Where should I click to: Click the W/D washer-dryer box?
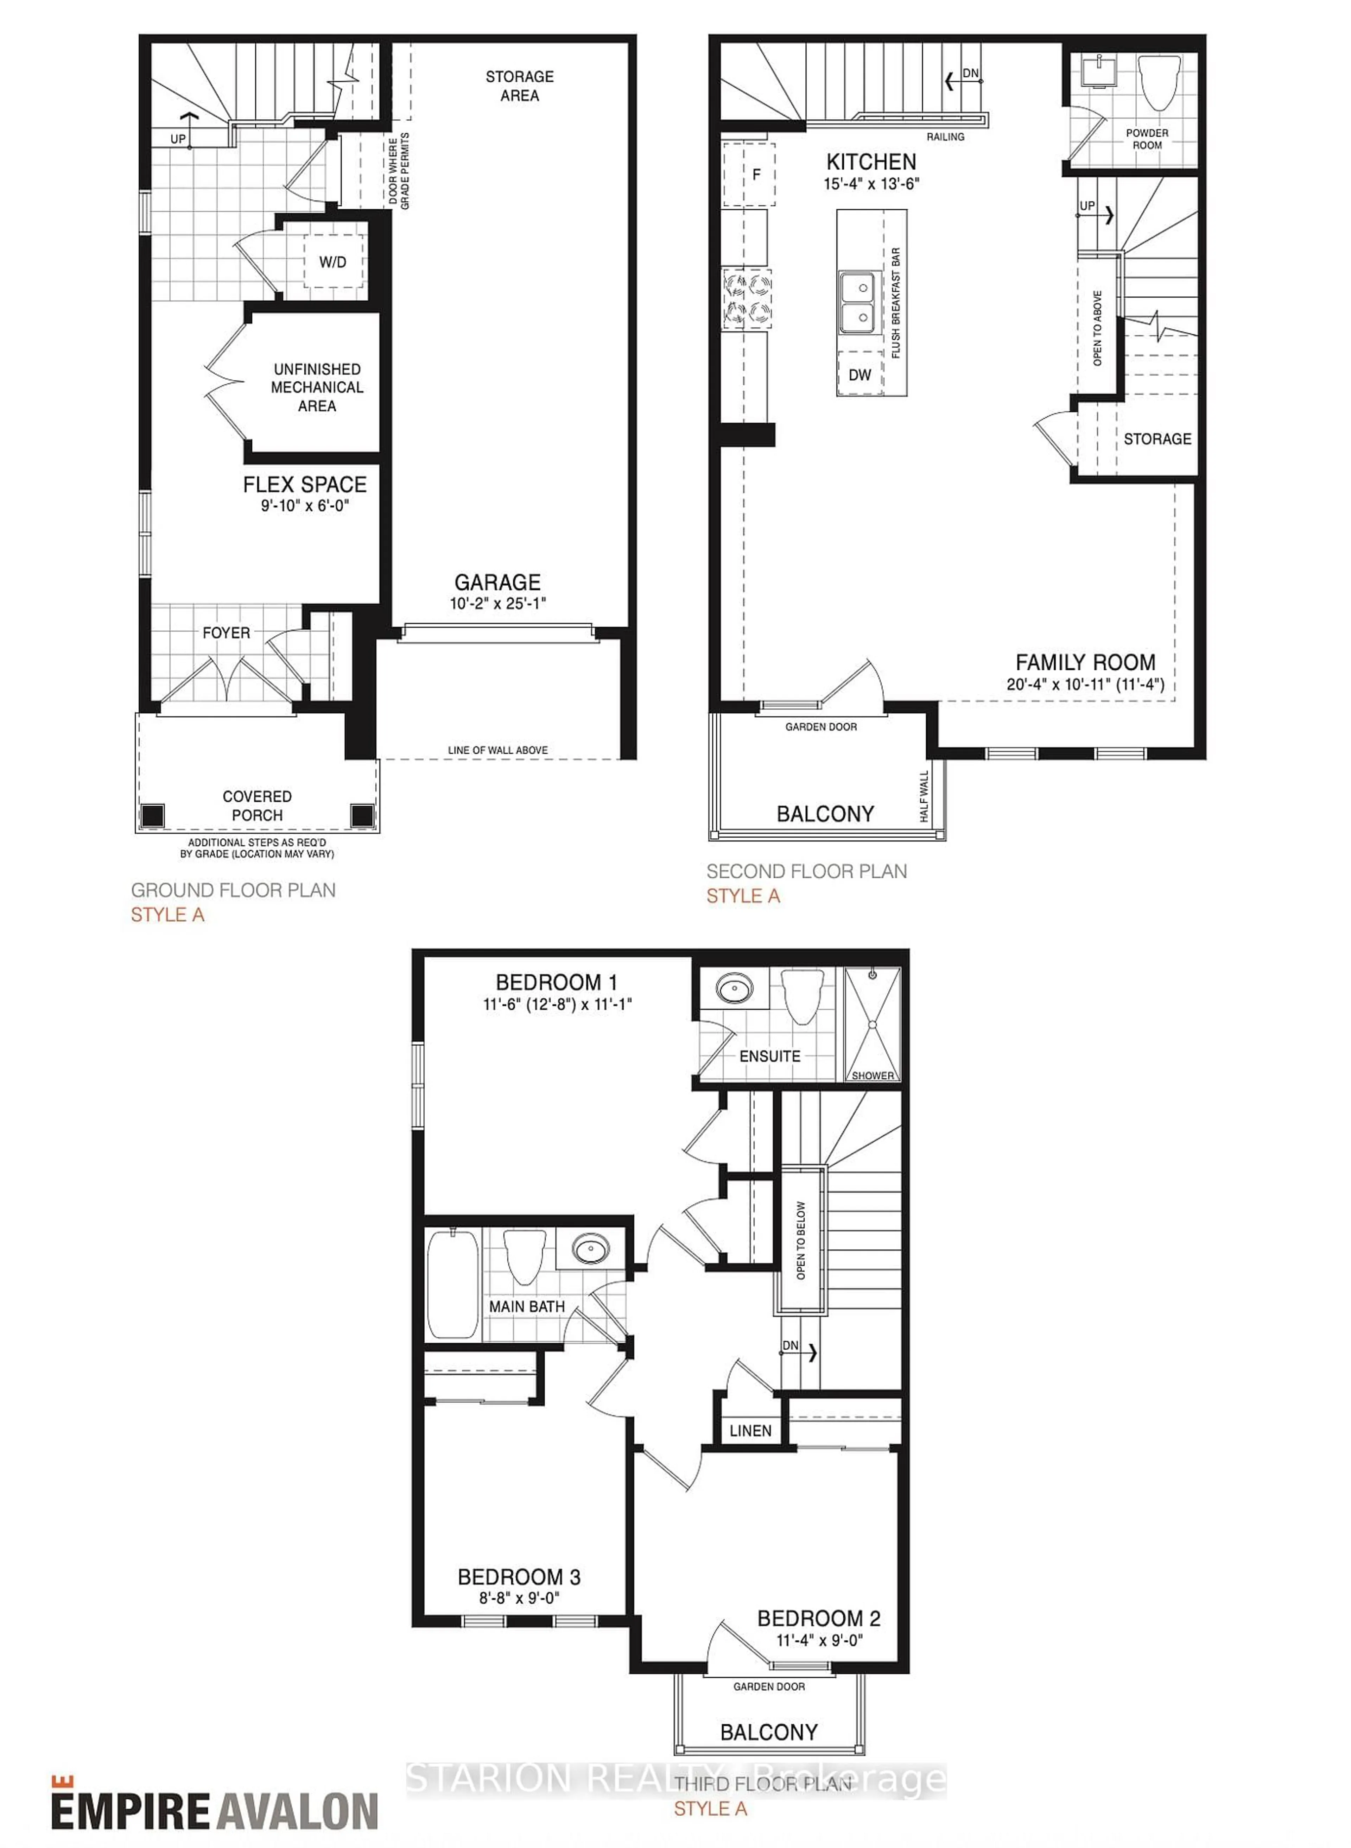pos(333,262)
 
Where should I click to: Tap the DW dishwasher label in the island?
pos(860,375)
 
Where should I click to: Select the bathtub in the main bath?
pos(452,1284)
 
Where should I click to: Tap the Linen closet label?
pos(750,1430)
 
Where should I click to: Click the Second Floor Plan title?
pos(806,871)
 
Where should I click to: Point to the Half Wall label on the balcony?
pos(924,796)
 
